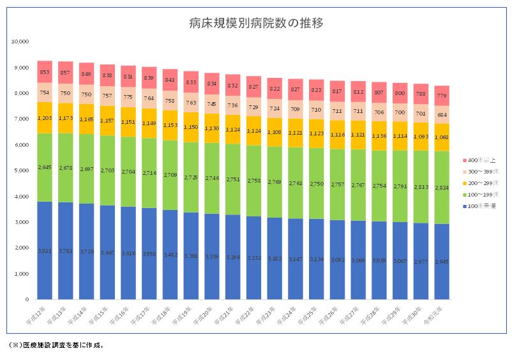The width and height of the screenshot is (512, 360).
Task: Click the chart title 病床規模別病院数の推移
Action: click(256, 24)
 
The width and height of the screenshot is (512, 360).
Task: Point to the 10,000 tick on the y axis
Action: click(20, 41)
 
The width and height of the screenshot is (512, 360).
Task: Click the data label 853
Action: click(45, 72)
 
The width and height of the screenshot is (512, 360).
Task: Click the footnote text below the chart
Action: click(56, 345)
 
